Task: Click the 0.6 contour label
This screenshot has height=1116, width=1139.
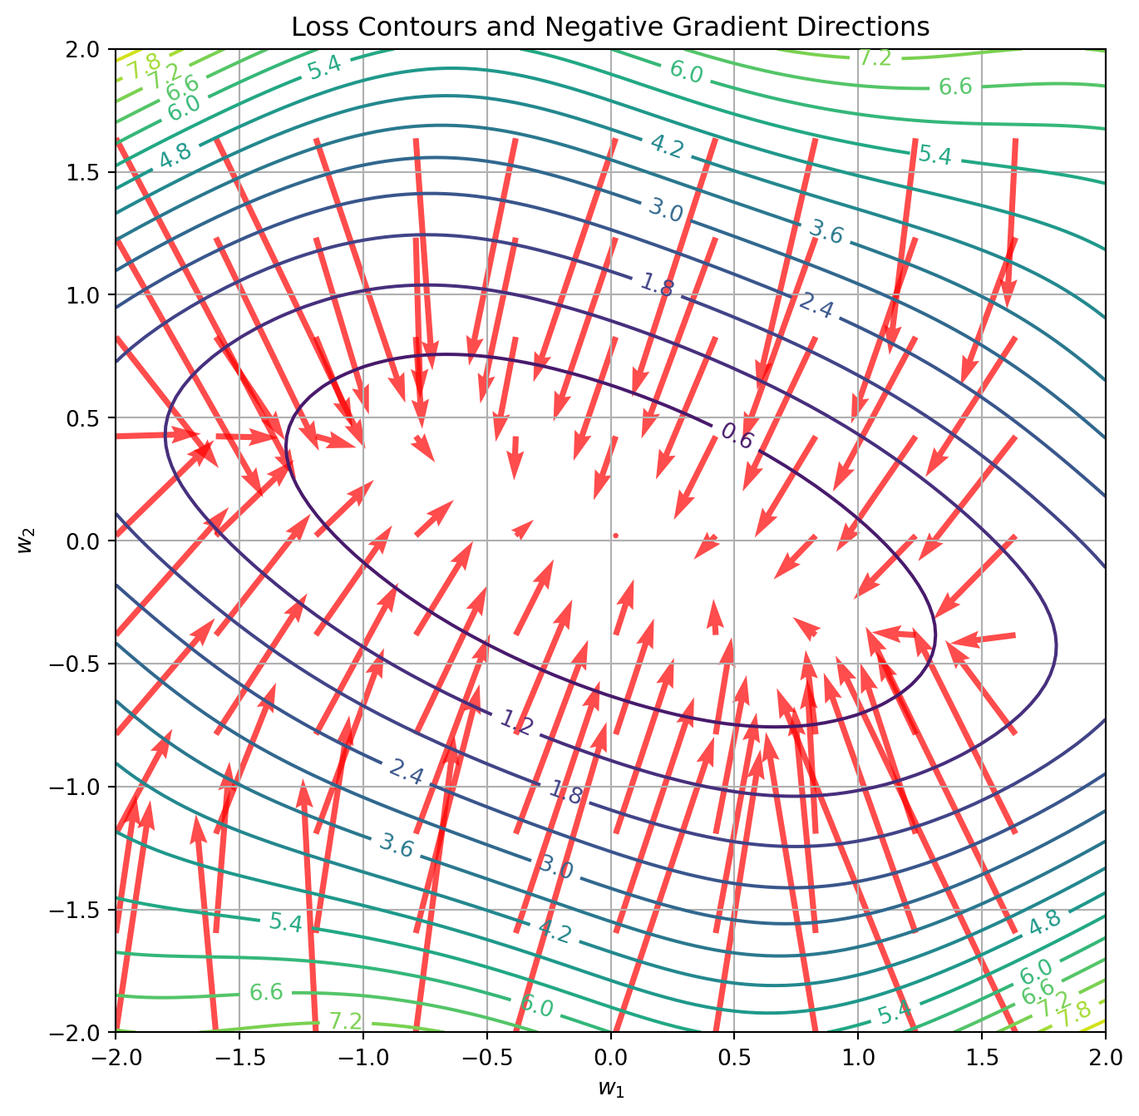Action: click(x=737, y=436)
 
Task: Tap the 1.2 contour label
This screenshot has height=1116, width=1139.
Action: click(x=516, y=723)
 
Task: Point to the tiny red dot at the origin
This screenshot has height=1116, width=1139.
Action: click(x=615, y=536)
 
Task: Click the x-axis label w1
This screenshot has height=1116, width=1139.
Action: click(x=610, y=1088)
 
